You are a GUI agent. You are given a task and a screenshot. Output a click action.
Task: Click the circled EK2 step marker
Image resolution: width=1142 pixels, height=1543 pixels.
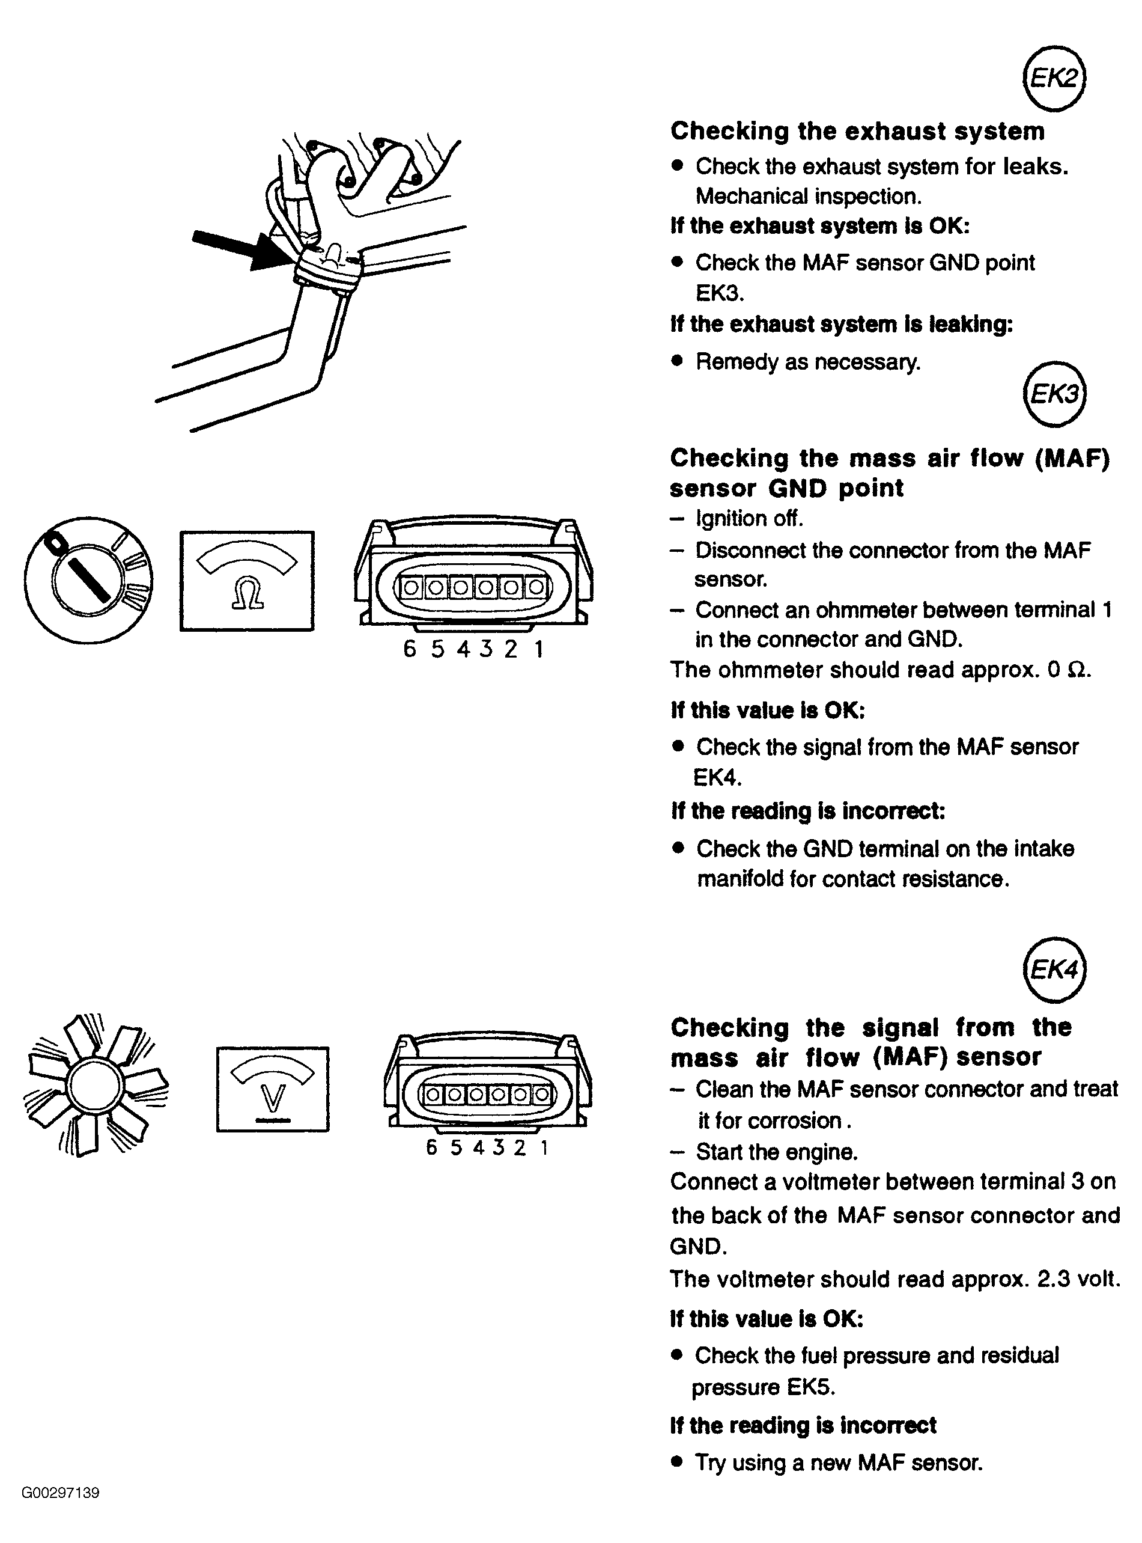pos(1054,79)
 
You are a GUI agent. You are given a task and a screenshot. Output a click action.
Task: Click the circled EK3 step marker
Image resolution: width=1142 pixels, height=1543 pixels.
pos(1054,394)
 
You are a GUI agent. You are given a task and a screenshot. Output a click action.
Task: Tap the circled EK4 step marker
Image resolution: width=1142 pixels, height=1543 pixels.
pos(1054,970)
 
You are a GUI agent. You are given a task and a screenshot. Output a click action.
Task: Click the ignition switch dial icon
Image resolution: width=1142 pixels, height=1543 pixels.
pos(88,580)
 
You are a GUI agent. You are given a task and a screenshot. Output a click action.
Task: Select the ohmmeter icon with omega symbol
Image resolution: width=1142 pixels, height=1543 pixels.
pos(247,581)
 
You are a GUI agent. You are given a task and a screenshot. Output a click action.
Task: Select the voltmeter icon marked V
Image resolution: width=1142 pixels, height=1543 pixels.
pos(273,1089)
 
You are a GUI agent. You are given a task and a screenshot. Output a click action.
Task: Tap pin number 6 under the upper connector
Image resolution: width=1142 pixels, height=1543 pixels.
pos(410,649)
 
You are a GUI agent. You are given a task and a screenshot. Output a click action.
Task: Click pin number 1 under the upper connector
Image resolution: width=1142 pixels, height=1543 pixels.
pos(538,649)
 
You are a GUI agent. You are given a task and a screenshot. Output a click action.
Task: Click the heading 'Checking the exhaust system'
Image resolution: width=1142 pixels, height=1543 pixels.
pos(857,130)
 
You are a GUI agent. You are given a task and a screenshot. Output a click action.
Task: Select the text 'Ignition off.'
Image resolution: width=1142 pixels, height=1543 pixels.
pos(749,518)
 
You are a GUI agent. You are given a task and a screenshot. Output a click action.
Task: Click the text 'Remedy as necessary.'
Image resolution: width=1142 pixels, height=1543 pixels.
pos(808,362)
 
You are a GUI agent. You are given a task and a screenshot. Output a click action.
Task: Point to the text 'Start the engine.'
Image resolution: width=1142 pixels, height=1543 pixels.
pos(777,1152)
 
